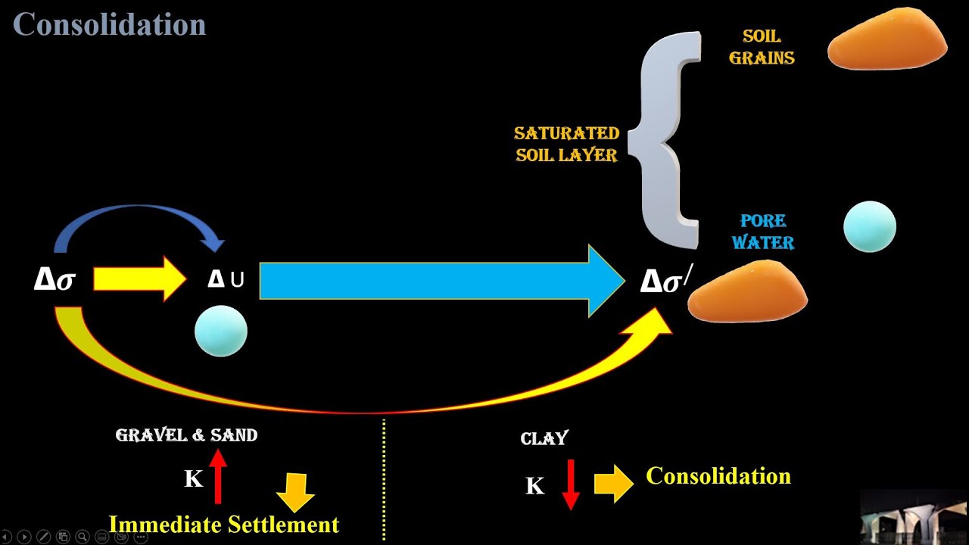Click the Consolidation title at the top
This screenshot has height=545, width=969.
(110, 24)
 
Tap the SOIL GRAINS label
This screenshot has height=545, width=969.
(762, 47)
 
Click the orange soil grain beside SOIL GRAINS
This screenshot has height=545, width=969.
(887, 39)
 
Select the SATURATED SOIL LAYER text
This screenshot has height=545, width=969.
(567, 144)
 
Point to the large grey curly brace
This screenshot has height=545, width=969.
(670, 140)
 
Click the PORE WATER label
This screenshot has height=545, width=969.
(767, 232)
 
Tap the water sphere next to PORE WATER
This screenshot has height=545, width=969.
(870, 226)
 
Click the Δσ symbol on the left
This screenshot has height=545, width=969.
(55, 279)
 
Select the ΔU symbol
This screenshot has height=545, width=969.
(226, 279)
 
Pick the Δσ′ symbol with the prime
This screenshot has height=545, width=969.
(665, 281)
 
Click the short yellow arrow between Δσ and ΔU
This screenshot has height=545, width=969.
(139, 279)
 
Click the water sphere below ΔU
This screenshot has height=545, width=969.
(221, 331)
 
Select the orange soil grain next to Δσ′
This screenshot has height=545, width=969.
(747, 292)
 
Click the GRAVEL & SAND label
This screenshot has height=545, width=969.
(186, 435)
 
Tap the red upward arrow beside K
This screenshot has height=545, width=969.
(218, 476)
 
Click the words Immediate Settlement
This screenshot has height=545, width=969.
(224, 525)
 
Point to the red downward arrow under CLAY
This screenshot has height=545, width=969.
(571, 484)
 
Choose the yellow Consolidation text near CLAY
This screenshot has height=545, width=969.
(718, 476)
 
